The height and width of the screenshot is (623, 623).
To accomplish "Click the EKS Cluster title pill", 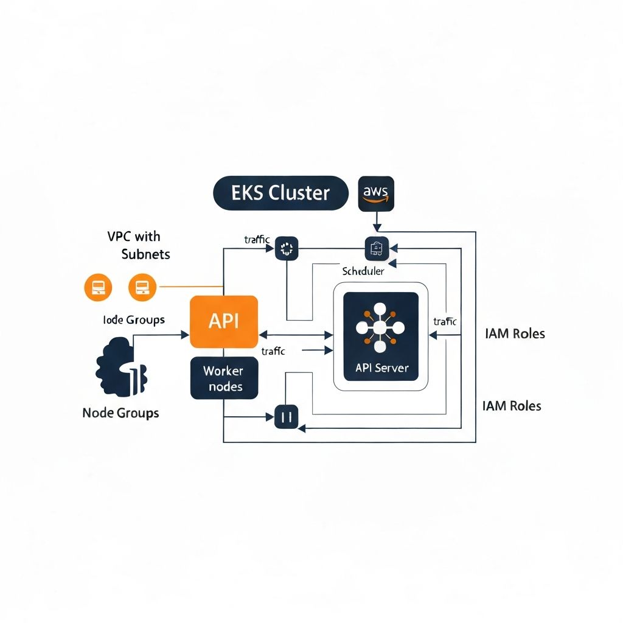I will (x=280, y=193).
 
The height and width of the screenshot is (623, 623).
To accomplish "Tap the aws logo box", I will (x=377, y=193).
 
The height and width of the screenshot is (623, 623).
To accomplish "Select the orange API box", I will (x=224, y=322).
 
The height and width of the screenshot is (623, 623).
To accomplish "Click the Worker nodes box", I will (x=224, y=378).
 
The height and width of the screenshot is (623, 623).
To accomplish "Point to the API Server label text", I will (x=380, y=368).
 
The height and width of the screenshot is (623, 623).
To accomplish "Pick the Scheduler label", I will (x=363, y=271).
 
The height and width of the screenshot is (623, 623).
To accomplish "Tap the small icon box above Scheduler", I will (x=376, y=249).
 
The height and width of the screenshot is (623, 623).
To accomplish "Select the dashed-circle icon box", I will (x=287, y=248).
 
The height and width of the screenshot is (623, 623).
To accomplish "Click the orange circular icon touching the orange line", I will (x=143, y=287).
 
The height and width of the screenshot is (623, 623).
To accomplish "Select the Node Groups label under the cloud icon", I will (x=120, y=413).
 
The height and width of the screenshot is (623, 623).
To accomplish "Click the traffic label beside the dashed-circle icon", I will (x=257, y=240).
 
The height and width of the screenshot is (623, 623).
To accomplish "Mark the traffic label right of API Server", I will (x=445, y=322).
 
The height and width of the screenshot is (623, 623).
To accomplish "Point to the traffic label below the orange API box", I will (x=273, y=351).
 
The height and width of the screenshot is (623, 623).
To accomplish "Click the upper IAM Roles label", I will (x=515, y=333).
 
